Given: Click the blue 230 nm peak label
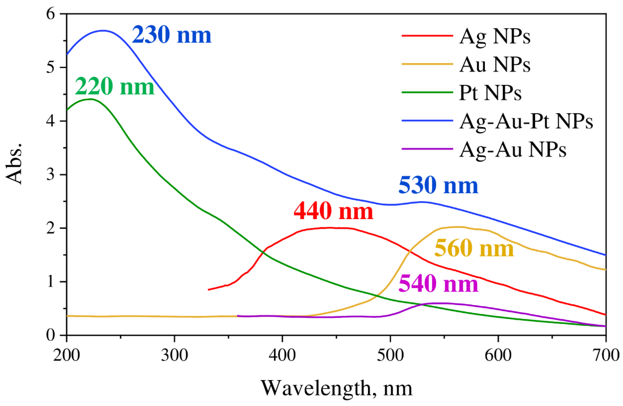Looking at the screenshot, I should pos(171,35).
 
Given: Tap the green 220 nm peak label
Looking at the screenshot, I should pos(115,87).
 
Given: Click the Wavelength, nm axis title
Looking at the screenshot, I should pos(336,388).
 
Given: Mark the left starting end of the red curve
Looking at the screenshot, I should pos(209,289).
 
